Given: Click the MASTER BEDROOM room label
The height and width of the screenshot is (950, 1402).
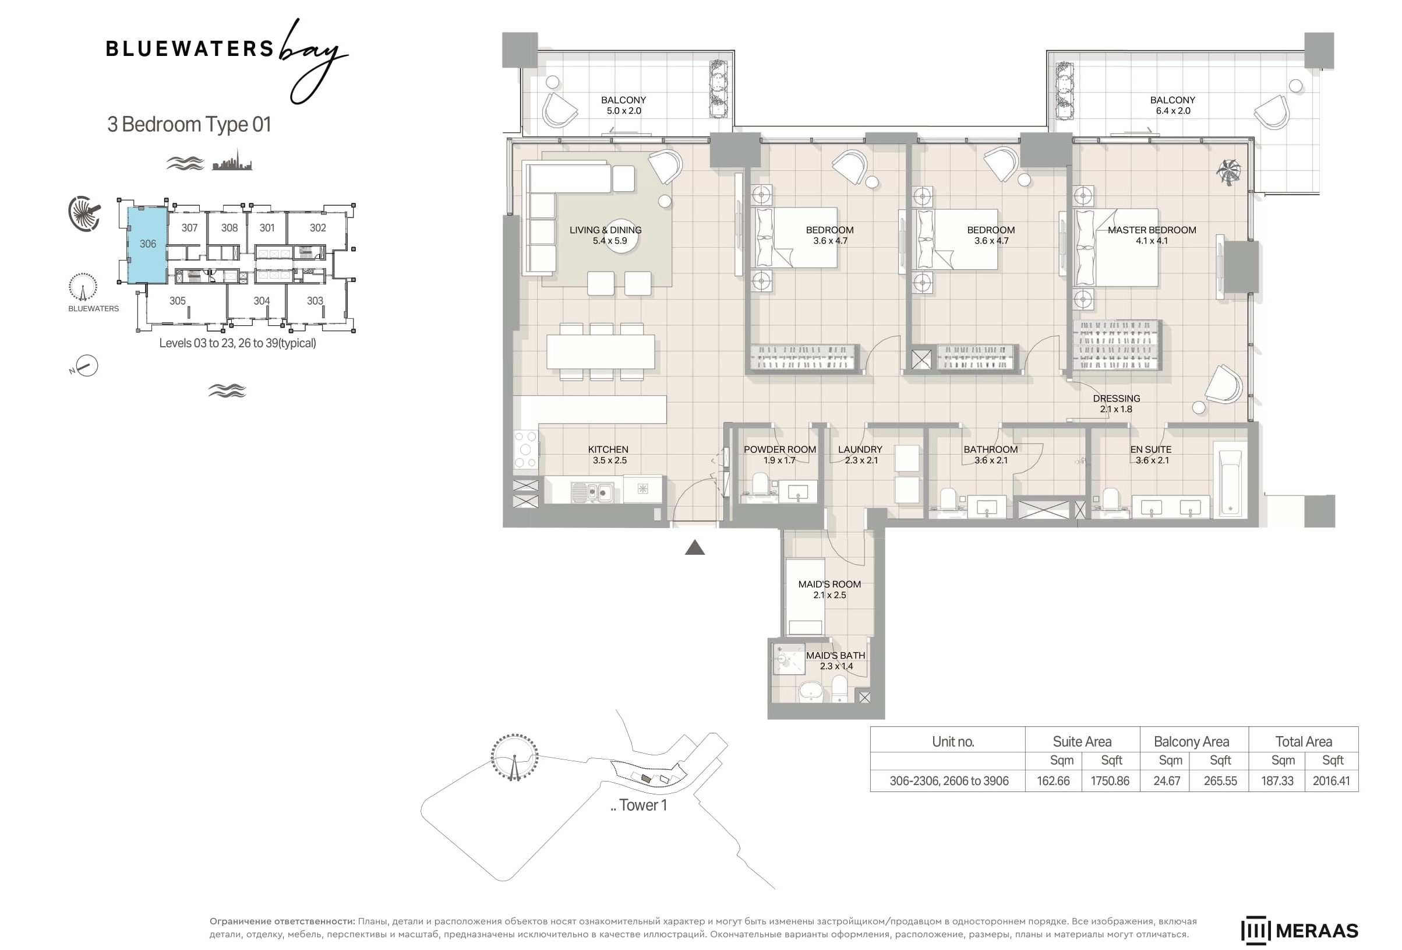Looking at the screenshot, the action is [x=1151, y=230].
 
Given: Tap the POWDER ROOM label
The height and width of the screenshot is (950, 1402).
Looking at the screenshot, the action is [x=779, y=450].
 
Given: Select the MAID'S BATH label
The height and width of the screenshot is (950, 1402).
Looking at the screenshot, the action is [x=835, y=656].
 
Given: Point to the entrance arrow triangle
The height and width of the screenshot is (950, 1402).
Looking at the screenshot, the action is [x=695, y=547].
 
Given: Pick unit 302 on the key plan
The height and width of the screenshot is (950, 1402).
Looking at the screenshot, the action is [x=318, y=227].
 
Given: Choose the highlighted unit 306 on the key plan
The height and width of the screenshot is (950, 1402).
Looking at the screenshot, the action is [x=147, y=244].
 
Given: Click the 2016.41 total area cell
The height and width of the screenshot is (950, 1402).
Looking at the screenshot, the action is [x=1331, y=780].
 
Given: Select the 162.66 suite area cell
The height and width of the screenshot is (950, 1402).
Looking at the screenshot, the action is [x=1053, y=780].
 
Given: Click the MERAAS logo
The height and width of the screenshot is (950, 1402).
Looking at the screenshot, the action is [x=1299, y=930].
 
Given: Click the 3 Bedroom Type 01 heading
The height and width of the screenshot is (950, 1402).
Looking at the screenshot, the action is [x=189, y=124].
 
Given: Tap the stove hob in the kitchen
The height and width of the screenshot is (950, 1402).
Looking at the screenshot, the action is [x=525, y=449].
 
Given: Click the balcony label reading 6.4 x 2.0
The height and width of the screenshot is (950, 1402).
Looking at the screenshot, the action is [x=1173, y=111].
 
